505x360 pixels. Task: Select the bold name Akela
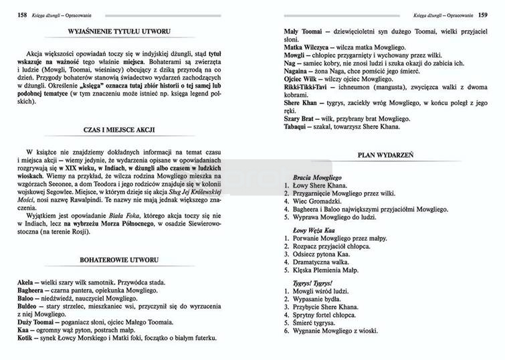click(x=27, y=282)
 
